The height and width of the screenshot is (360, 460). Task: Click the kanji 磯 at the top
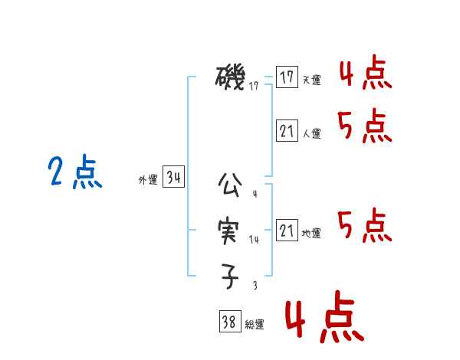230,78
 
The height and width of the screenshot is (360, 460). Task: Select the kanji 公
230,185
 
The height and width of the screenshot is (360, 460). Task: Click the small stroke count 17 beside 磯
254,87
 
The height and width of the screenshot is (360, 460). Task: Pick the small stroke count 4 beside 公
255,194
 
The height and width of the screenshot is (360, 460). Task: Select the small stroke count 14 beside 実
255,240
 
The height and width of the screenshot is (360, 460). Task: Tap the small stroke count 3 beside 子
255,285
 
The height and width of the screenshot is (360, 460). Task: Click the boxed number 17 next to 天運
287,77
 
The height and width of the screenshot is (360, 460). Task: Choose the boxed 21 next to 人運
287,132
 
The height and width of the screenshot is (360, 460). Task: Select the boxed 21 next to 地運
287,231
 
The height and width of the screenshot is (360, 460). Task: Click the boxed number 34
174,178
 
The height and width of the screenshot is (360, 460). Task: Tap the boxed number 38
229,322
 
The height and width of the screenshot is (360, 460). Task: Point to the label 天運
311,80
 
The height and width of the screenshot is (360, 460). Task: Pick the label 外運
148,181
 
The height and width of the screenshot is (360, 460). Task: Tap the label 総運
255,325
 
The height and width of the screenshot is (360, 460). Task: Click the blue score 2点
75,172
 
